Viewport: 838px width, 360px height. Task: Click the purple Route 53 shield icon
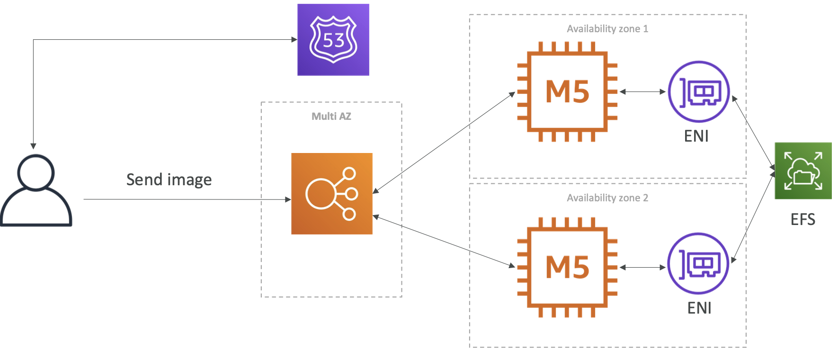[333, 40]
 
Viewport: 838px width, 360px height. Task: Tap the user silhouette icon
[36, 190]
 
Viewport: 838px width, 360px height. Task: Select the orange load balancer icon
[332, 194]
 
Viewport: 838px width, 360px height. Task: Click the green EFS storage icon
[803, 171]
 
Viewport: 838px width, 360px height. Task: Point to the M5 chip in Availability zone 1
[567, 91]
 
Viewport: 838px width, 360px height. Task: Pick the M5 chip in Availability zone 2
[567, 268]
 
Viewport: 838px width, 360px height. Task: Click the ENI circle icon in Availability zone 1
[699, 92]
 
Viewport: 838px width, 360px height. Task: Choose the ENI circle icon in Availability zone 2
[698, 263]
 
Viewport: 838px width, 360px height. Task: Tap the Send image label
[169, 180]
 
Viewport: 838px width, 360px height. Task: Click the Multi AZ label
[331, 116]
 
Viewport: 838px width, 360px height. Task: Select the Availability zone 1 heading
[607, 29]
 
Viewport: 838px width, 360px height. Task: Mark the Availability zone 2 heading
[607, 198]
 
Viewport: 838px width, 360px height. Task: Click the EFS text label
[803, 219]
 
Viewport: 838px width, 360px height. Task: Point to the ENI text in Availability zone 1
[696, 136]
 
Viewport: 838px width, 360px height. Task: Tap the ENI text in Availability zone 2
[699, 308]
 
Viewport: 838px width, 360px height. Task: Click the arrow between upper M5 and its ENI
[642, 92]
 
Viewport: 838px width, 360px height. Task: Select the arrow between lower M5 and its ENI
[642, 268]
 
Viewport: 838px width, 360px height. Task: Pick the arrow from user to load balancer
[187, 199]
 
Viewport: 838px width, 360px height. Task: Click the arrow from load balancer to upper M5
[444, 143]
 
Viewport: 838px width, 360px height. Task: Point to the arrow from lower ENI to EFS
[753, 216]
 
